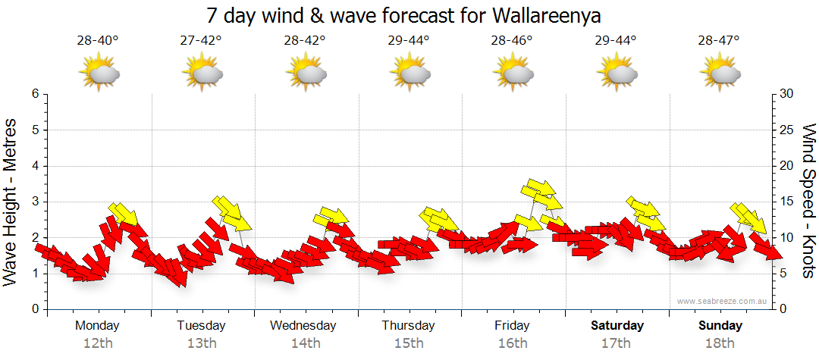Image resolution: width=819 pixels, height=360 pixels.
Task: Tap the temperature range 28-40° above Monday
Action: tap(98, 41)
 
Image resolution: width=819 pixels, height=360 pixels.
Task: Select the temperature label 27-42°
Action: tap(201, 41)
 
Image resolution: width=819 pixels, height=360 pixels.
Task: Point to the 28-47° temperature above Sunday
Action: tap(718, 41)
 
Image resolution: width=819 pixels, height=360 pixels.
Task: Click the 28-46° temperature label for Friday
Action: tap(512, 41)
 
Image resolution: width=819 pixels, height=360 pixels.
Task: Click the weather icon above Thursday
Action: tap(409, 74)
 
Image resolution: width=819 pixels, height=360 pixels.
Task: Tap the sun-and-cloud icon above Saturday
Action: tap(616, 74)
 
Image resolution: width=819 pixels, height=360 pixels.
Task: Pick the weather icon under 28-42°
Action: tap(305, 74)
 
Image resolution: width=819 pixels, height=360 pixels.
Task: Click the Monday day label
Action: tap(98, 326)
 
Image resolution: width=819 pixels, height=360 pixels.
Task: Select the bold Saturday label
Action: tap(617, 326)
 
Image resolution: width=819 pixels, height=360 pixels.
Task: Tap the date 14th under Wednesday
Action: tap(305, 343)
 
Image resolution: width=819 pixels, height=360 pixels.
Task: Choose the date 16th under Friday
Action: tap(513, 343)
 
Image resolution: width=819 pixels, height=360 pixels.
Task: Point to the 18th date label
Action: tap(720, 343)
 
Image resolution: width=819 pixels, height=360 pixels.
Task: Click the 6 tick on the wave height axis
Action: tap(35, 94)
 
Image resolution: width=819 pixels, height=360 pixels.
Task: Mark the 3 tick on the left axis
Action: tap(35, 202)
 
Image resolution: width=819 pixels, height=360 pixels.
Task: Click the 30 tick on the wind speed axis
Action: tap(787, 94)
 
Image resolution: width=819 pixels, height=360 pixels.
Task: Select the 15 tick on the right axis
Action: tap(787, 202)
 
